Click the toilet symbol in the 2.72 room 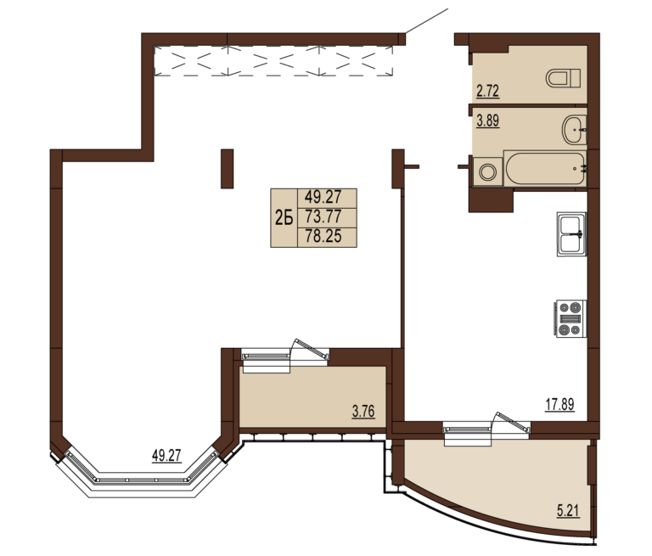coord(563,78)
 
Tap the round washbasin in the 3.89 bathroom coord(575,130)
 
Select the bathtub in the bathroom coord(545,169)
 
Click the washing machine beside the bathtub coord(487,171)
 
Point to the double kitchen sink coord(571,234)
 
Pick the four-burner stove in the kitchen coord(570,318)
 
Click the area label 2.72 coord(487,91)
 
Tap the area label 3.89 coord(488,121)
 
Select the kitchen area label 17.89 coord(559,404)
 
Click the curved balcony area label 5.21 coord(568,510)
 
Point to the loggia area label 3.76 coord(363,412)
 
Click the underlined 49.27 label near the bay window coord(166,456)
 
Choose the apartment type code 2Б coord(284,217)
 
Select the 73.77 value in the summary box coord(323,216)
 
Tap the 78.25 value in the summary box coord(323,236)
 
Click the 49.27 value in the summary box coord(323,196)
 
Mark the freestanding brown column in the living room coord(227,169)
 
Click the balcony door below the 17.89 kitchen coord(486,430)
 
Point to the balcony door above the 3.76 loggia coord(285,356)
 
